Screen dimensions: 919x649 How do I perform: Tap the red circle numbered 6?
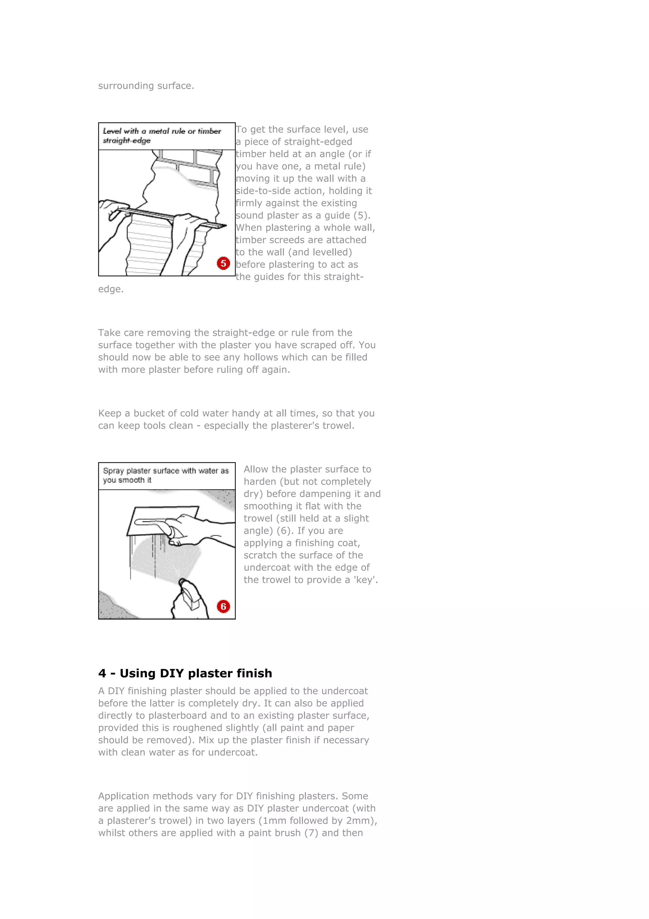223,606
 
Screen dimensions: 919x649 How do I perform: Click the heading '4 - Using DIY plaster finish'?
185,673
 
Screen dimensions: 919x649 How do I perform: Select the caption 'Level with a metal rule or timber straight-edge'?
162,136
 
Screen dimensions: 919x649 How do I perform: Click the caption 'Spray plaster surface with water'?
165,475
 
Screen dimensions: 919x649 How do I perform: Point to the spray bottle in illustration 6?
189,598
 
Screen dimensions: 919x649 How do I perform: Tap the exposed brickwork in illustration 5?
200,164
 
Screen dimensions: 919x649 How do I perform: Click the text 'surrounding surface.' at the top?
146,86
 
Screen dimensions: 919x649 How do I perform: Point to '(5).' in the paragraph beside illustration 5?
362,215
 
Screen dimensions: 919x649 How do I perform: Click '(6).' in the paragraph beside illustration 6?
285,531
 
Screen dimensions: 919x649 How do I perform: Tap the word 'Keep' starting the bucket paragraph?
110,414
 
